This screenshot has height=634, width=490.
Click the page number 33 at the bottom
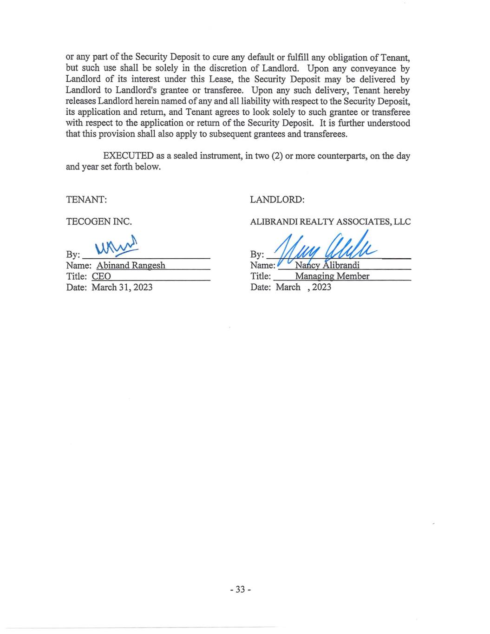pyautogui.click(x=240, y=589)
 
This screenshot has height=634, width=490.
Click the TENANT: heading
pyautogui.click(x=87, y=199)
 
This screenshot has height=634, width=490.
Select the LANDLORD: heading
pyautogui.click(x=277, y=199)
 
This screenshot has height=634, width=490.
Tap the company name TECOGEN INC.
pyautogui.click(x=99, y=222)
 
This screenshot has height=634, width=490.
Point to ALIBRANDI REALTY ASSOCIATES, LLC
pyautogui.click(x=330, y=222)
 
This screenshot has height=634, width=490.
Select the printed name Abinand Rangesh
pyautogui.click(x=131, y=266)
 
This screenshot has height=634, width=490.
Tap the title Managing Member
pyautogui.click(x=332, y=276)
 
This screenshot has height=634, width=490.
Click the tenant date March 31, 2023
pyautogui.click(x=122, y=288)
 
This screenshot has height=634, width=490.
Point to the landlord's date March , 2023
pyautogui.click(x=303, y=287)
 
